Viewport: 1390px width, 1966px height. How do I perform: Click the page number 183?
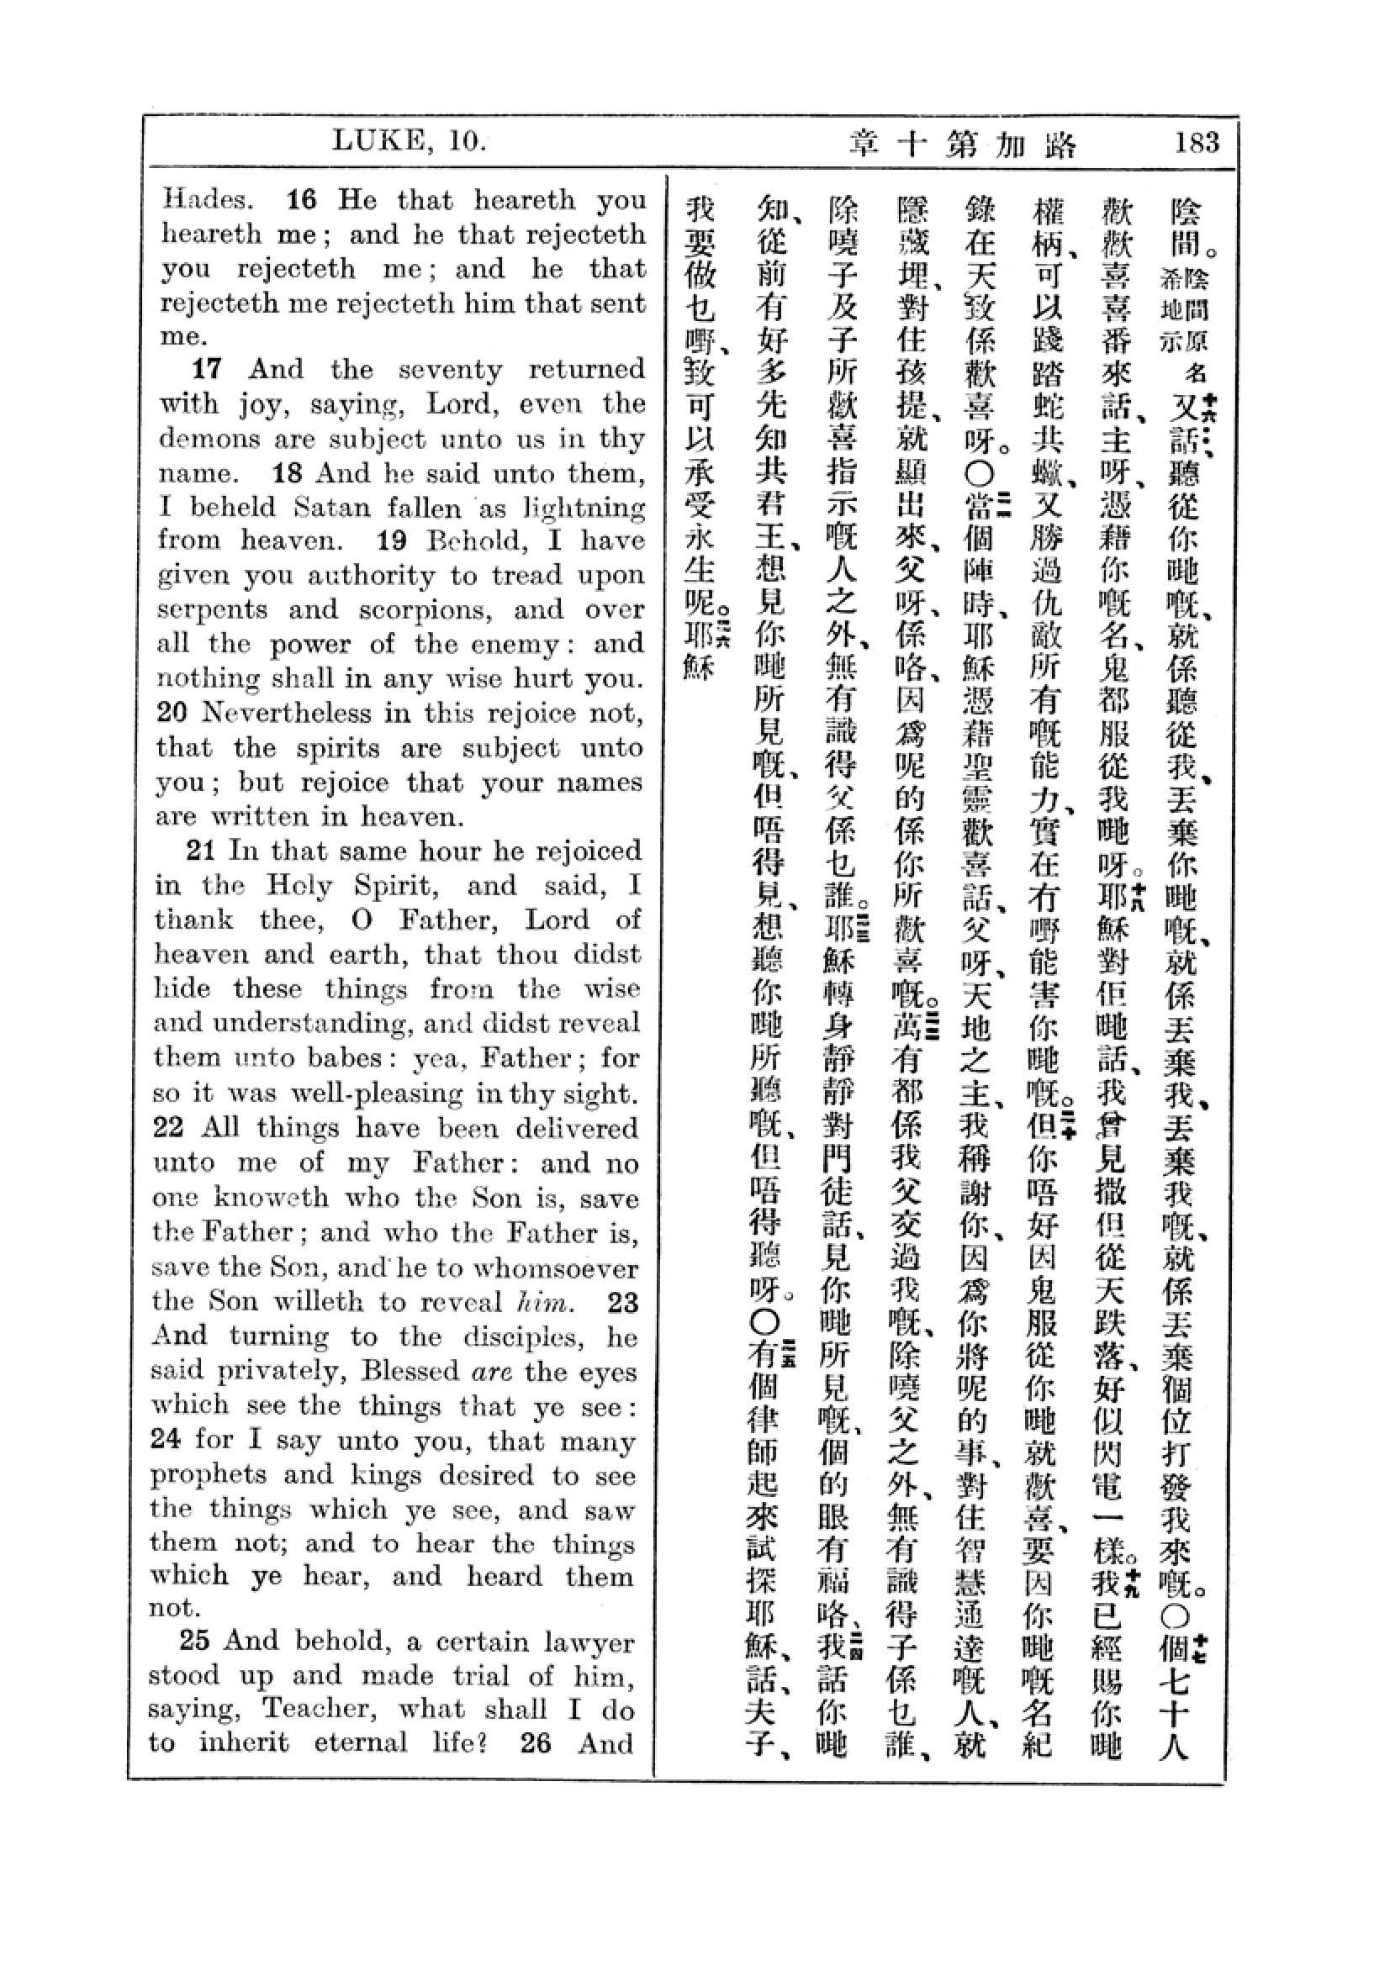[x=1197, y=142]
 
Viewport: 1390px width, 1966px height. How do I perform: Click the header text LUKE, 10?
[x=409, y=141]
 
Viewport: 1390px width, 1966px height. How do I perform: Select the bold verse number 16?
[x=302, y=200]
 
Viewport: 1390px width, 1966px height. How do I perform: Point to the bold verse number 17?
[x=206, y=369]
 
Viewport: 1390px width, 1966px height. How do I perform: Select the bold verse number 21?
[x=200, y=851]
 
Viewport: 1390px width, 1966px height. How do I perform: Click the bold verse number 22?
[x=169, y=1127]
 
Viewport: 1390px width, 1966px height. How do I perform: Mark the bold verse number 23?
[x=622, y=1302]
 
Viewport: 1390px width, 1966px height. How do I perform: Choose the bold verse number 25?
[x=194, y=1641]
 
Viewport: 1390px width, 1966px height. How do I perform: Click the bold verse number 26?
[x=536, y=1742]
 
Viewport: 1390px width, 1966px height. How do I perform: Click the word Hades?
[x=207, y=200]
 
